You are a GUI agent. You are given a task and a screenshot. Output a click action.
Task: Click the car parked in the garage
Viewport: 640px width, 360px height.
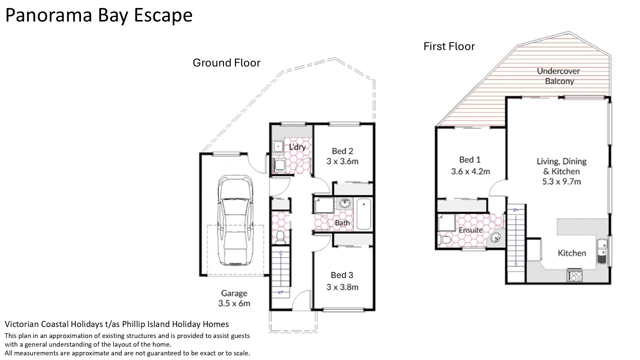tap(235, 220)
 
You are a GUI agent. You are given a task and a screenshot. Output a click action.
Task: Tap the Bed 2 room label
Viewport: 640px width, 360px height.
tap(342, 151)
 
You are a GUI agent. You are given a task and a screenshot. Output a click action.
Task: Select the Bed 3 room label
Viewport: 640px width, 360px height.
tap(342, 275)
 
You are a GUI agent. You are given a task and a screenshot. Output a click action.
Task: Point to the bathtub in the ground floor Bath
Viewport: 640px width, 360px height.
tap(364, 214)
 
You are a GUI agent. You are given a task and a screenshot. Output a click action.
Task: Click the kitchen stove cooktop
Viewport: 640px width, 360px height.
tap(575, 276)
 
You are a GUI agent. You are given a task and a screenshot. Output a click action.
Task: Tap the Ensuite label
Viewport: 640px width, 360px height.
tap(470, 230)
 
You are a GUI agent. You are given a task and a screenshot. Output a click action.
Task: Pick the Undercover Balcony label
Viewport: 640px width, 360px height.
tap(559, 76)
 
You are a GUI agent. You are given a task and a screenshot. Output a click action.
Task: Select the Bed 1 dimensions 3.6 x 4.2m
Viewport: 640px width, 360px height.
tap(470, 172)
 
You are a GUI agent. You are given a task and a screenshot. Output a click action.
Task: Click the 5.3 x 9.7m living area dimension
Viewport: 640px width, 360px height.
tap(561, 182)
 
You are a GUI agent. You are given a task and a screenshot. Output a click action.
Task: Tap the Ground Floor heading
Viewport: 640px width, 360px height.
tap(226, 63)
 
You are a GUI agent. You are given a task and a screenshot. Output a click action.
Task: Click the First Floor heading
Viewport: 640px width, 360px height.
tap(449, 46)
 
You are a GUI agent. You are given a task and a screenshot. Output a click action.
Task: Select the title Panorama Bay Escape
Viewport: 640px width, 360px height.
tap(99, 15)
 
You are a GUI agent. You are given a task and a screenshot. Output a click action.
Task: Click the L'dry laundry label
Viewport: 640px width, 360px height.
tap(297, 147)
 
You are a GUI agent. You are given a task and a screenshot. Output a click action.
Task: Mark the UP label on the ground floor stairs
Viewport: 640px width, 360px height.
tap(281, 292)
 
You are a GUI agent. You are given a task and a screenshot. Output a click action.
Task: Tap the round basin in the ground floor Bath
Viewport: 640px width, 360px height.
tap(344, 203)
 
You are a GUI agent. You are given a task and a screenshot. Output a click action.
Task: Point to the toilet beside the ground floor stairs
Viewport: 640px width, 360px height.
tap(280, 237)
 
